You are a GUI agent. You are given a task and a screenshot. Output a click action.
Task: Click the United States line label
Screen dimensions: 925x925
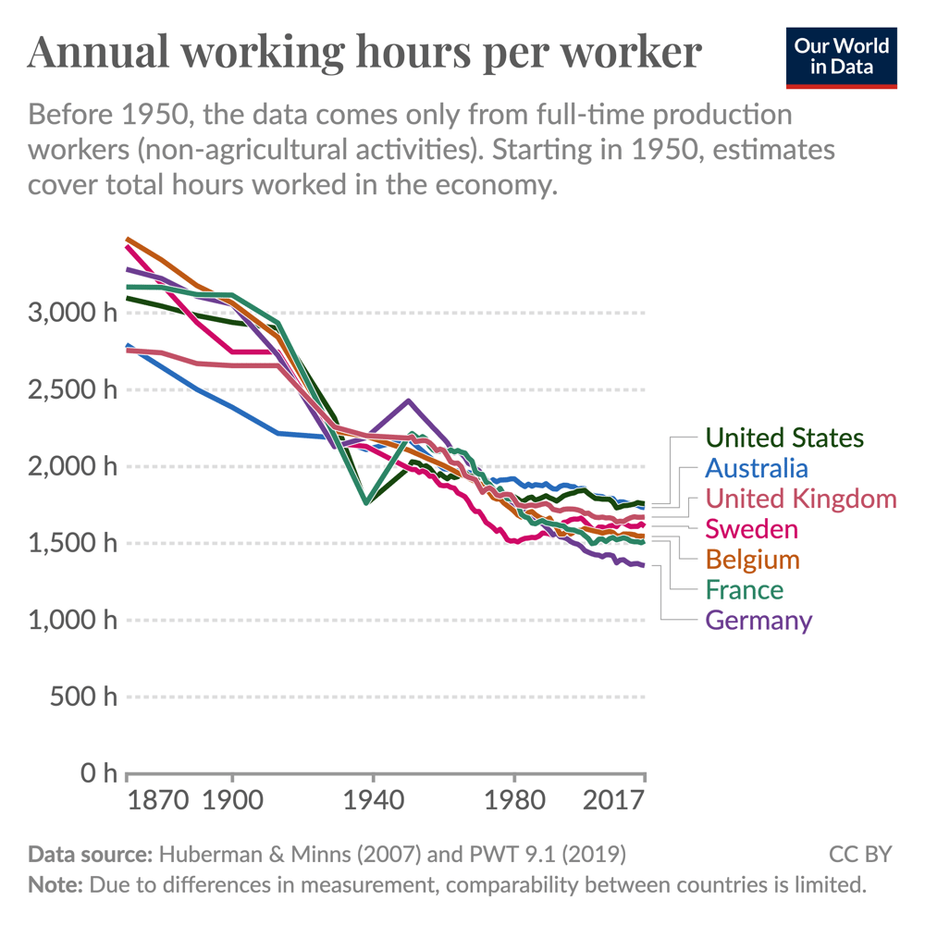(784, 438)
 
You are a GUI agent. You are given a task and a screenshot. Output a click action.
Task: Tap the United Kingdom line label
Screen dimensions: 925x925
(801, 499)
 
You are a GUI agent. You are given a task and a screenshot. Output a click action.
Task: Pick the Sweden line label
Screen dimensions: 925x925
(751, 529)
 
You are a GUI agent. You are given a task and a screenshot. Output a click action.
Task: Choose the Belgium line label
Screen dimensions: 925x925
(753, 560)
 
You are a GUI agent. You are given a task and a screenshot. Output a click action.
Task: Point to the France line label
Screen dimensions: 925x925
(744, 590)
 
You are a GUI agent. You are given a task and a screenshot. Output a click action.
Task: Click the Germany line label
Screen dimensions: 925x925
(758, 621)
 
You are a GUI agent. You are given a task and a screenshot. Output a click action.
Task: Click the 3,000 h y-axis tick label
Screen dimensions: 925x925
(73, 313)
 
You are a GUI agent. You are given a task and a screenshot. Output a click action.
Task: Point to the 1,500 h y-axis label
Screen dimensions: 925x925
(73, 543)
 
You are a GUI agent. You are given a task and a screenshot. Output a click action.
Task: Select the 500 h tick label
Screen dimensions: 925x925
(84, 697)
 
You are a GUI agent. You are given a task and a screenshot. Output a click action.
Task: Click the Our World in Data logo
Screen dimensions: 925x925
(842, 57)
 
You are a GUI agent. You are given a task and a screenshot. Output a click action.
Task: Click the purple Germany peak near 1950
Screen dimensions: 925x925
(409, 401)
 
